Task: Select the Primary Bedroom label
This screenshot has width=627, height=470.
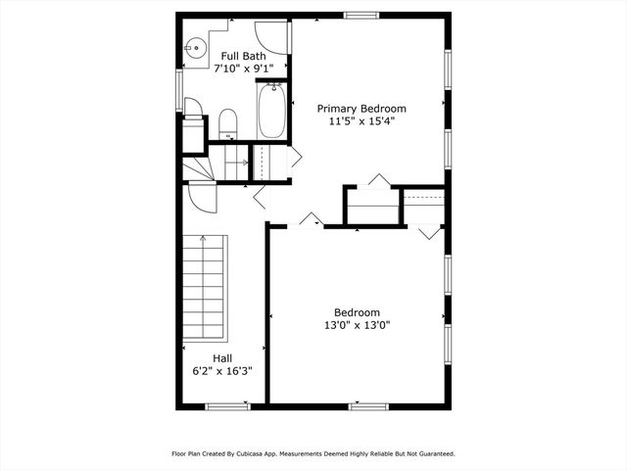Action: click(x=361, y=109)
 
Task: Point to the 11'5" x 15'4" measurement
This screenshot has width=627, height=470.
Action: click(x=361, y=122)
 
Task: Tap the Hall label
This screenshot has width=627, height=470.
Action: click(x=222, y=357)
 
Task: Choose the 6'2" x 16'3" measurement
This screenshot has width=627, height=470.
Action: click(x=222, y=371)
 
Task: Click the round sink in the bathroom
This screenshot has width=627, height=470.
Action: click(x=193, y=43)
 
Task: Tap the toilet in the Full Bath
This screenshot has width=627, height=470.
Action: click(x=227, y=124)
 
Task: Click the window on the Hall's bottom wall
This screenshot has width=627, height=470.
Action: click(x=227, y=405)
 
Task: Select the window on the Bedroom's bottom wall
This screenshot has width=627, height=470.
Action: click(x=369, y=405)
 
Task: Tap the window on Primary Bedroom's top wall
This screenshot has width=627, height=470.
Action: click(x=362, y=14)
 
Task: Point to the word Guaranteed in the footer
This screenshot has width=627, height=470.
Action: click(x=431, y=454)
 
